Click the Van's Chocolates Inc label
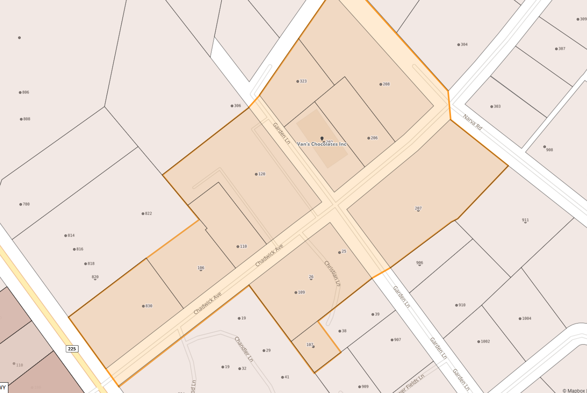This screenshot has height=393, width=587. tap(322, 144)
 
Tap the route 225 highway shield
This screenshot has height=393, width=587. tap(72, 349)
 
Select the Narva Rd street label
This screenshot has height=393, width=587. tap(473, 122)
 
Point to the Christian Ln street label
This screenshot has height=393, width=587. tap(332, 273)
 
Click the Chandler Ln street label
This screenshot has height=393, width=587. tap(244, 349)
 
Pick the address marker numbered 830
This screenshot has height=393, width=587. tap(144, 306)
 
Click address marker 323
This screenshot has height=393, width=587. tap(298, 81)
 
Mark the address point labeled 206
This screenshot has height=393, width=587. tap(369, 138)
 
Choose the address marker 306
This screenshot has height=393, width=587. tap(232, 106)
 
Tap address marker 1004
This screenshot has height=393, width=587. tap(520, 319)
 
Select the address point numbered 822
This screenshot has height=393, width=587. tap(143, 214)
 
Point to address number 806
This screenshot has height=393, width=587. tap(20, 92)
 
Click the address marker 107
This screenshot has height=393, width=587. tap(313, 346)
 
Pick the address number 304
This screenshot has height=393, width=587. tap(459, 45)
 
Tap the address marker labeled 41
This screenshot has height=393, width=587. tap(283, 377)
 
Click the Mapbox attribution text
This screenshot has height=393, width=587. tap(574, 391)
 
